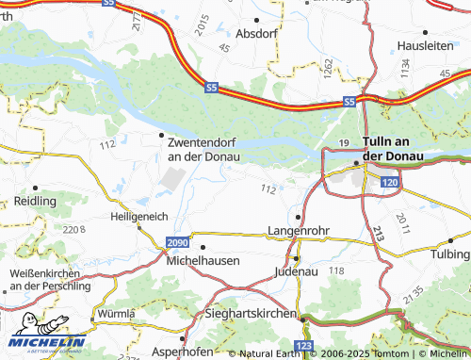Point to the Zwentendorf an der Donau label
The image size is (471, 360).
(x=203, y=149)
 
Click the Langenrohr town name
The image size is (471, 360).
(x=299, y=230)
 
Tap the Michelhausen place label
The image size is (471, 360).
(x=203, y=259)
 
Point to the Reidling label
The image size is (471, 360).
(x=35, y=202)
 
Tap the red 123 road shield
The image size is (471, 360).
(x=303, y=347)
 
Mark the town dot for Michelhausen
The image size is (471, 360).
(x=203, y=247)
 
